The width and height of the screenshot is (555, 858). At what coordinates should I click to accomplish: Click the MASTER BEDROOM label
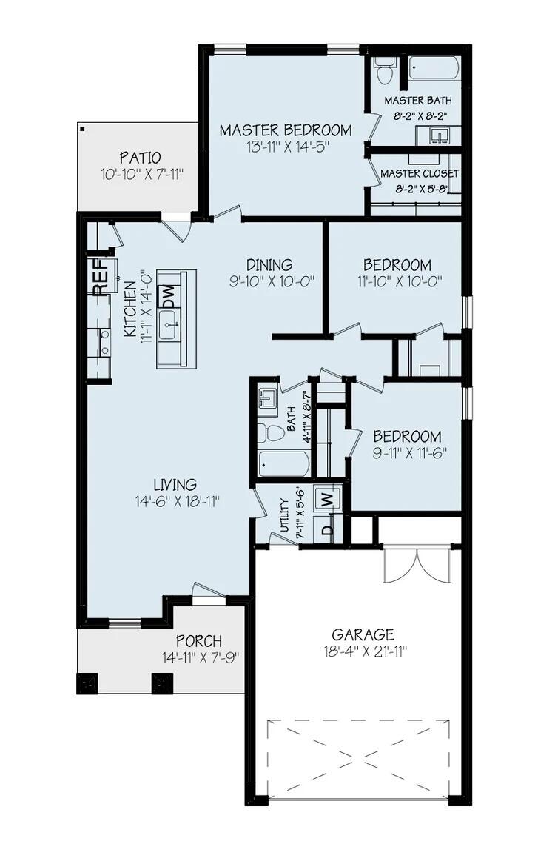(x=285, y=130)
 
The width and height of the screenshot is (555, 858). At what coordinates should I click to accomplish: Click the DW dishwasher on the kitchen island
(x=168, y=297)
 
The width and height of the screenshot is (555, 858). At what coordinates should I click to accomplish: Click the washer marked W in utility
(x=326, y=498)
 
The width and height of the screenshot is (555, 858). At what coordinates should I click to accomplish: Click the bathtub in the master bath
(x=432, y=67)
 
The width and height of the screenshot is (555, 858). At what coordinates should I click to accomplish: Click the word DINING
(x=269, y=264)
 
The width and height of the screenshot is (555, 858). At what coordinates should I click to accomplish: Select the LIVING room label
(x=175, y=485)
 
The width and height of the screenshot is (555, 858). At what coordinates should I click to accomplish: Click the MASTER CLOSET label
(x=420, y=173)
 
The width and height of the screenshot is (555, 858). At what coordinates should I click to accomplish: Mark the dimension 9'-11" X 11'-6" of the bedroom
(x=407, y=453)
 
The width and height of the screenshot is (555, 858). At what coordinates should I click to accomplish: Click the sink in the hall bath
(x=267, y=402)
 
